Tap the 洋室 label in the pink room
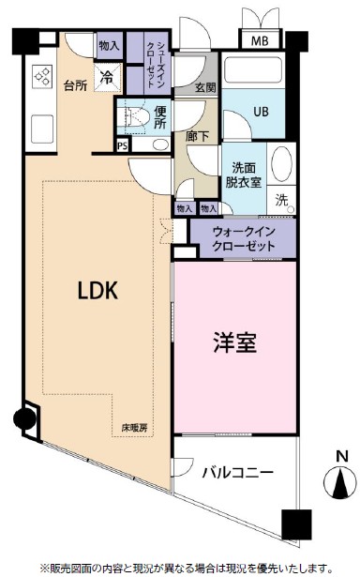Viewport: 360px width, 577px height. (234, 343)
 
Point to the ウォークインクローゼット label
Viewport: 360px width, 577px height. (244, 237)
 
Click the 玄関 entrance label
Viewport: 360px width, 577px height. (205, 87)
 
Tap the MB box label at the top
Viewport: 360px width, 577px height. (259, 40)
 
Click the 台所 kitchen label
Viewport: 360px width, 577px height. (76, 84)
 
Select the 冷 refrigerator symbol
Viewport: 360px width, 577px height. (108, 77)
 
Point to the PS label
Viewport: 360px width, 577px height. (122, 145)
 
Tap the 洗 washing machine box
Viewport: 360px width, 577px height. (282, 199)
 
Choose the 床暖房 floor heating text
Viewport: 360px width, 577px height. (134, 429)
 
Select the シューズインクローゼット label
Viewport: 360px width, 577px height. (158, 64)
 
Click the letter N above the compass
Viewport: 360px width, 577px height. (339, 457)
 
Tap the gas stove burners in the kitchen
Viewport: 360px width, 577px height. (43, 78)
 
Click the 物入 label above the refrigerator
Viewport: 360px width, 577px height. (108, 45)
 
